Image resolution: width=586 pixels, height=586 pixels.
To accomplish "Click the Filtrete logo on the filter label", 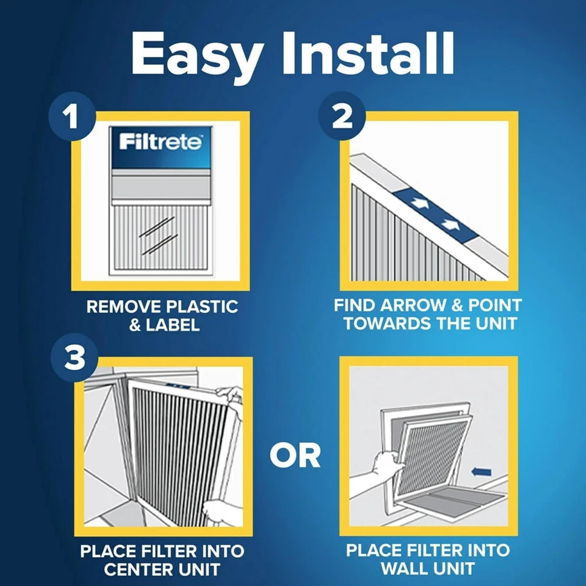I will pyautogui.click(x=161, y=142).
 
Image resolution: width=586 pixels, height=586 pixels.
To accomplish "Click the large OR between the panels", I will pyautogui.click(x=295, y=455).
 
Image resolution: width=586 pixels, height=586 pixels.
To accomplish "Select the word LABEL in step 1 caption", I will pyautogui.click(x=173, y=325).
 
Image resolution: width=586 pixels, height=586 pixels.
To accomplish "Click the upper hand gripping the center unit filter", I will pyautogui.click(x=230, y=396).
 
